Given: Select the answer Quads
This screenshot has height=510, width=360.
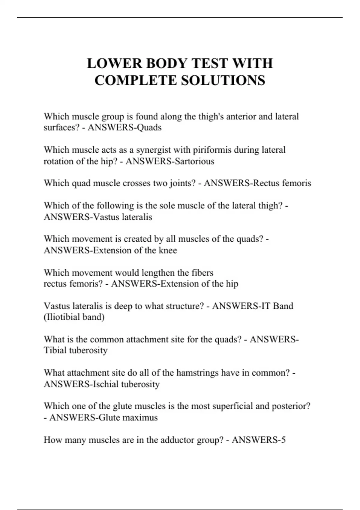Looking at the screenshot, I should click(x=149, y=127).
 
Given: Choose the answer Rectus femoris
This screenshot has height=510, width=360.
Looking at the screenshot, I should click(x=282, y=183).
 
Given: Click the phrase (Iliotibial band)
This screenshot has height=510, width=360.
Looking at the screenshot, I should click(x=74, y=317).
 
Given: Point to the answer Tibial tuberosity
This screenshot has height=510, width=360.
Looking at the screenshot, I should click(x=76, y=350).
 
